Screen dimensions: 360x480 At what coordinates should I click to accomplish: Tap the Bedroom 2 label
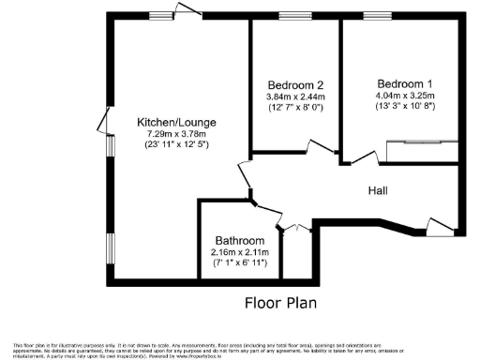(x=295, y=83)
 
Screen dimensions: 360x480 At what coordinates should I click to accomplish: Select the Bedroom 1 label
(x=406, y=82)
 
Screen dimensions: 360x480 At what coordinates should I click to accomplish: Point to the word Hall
(x=378, y=190)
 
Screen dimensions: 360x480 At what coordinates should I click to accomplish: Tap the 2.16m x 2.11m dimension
(x=240, y=252)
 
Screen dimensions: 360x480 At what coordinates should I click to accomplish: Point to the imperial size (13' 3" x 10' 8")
(x=406, y=106)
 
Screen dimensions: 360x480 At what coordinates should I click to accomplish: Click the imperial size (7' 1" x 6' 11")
(x=240, y=263)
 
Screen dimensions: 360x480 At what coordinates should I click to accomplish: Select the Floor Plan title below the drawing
(x=280, y=302)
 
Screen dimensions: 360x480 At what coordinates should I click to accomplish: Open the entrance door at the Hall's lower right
(x=437, y=225)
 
